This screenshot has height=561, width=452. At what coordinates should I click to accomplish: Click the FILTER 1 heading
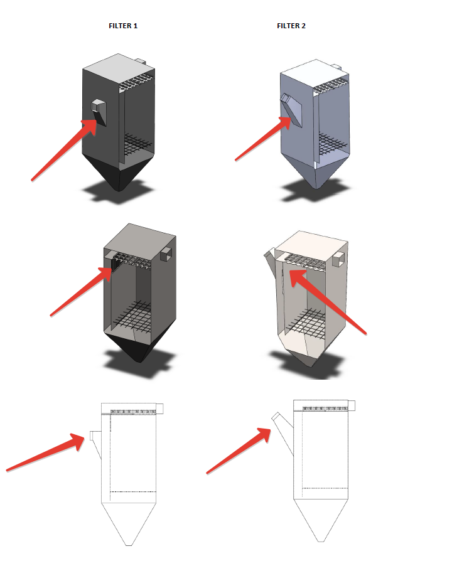[123, 26]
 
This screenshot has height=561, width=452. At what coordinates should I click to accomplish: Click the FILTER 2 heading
[291, 26]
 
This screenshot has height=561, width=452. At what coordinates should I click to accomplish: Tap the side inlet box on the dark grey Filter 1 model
[99, 112]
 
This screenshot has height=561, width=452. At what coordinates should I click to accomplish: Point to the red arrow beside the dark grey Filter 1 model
[64, 150]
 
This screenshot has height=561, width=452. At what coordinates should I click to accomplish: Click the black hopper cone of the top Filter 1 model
[119, 173]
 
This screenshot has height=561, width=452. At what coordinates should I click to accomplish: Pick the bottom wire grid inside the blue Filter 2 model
[332, 143]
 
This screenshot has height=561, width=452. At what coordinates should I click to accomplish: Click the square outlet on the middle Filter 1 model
[166, 254]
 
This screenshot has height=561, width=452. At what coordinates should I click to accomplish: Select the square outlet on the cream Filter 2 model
[338, 259]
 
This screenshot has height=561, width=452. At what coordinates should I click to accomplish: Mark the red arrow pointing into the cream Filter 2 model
[328, 302]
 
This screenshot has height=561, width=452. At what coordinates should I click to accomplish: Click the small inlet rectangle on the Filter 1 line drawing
[92, 435]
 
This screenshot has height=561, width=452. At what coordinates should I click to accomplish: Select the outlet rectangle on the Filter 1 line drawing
[160, 409]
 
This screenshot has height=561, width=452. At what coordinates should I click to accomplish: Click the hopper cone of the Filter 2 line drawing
[321, 520]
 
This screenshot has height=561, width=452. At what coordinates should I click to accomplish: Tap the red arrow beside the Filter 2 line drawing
[239, 451]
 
